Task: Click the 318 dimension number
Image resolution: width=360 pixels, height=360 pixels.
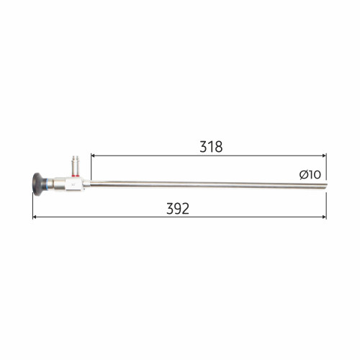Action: click(211, 147)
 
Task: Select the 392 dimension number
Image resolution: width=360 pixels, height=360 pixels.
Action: click(178, 209)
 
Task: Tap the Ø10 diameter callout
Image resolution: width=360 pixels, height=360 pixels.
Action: click(310, 174)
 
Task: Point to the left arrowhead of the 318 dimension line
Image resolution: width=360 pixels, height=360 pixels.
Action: click(93, 156)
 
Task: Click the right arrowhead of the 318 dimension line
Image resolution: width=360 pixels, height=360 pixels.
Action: click(325, 156)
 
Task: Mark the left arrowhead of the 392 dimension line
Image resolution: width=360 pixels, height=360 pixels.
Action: click(35, 217)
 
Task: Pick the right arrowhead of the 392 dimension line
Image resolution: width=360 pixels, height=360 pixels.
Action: click(325, 217)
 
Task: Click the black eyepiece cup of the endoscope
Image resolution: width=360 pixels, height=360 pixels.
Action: click(37, 184)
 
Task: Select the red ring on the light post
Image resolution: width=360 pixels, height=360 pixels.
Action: click(76, 176)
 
